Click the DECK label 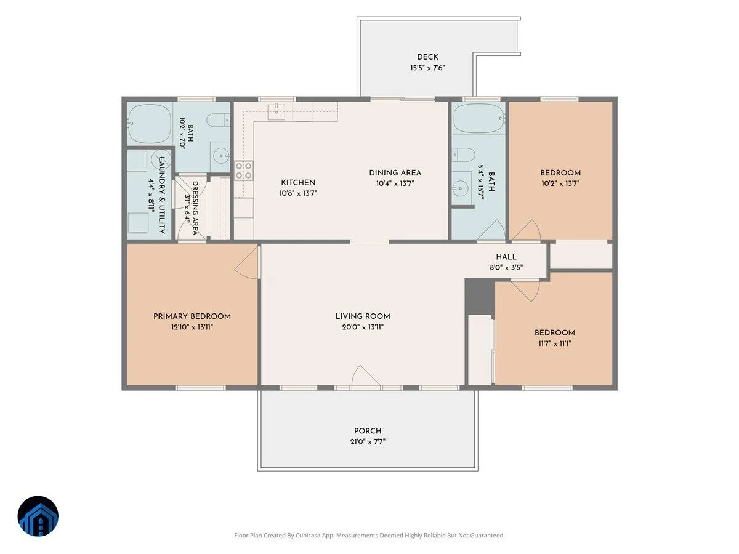[x=427, y=57]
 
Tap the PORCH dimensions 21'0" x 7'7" [x=368, y=441]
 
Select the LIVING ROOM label [x=363, y=316]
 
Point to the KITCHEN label [x=298, y=182]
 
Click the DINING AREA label [x=395, y=172]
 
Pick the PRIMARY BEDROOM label [x=192, y=316]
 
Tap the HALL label [x=506, y=257]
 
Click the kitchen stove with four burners [x=244, y=171]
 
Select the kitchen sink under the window [x=277, y=112]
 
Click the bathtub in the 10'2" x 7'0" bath [x=150, y=124]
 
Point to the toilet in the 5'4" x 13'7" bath [x=463, y=155]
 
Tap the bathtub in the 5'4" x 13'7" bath [x=479, y=119]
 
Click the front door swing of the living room [x=366, y=377]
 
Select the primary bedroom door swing [x=247, y=263]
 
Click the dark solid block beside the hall [x=479, y=297]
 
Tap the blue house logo [x=38, y=516]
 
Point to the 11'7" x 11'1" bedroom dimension [x=554, y=343]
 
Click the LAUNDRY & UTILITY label [x=162, y=195]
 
